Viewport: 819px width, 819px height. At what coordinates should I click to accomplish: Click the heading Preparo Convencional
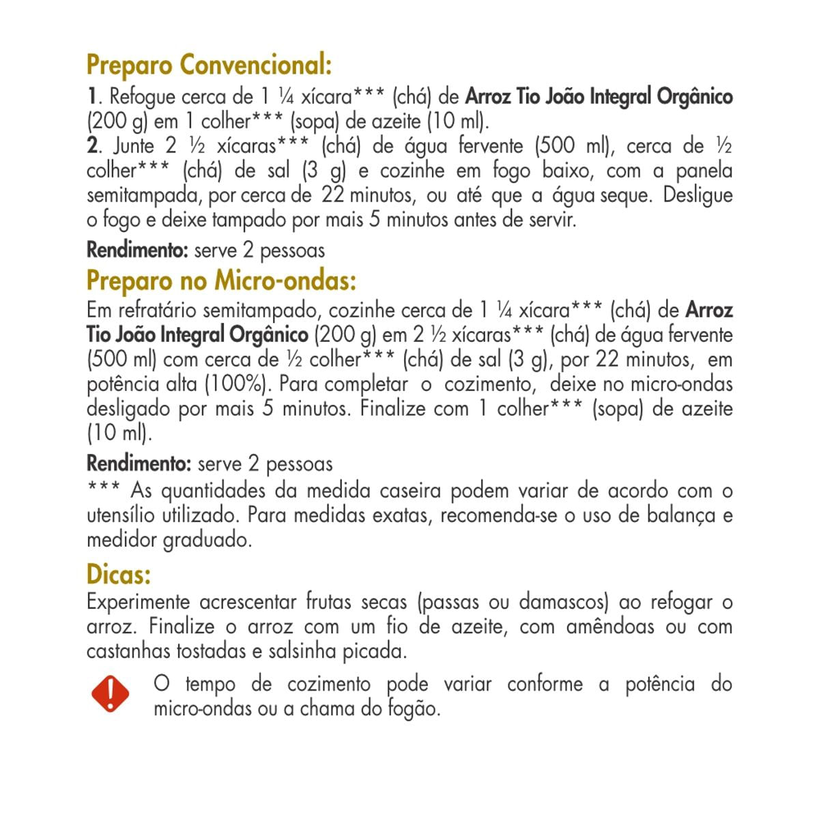pos(209,67)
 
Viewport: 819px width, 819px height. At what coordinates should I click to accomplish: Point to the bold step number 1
pos(91,97)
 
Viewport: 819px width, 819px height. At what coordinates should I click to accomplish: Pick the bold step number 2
pos(91,146)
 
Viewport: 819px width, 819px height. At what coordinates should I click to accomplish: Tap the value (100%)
pos(234,384)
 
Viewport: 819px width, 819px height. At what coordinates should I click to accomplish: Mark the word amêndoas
pos(601,627)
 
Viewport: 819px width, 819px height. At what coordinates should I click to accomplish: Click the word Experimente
pos(138,603)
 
